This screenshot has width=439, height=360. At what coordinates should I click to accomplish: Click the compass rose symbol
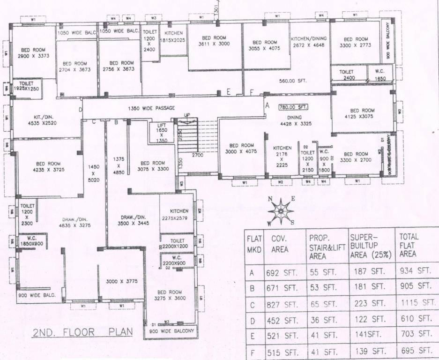tap(280, 210)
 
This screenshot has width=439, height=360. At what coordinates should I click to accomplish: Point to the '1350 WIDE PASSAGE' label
tap(151, 108)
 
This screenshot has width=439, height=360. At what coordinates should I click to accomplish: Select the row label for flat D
tap(252, 321)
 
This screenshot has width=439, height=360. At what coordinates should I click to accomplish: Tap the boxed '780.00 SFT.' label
tap(293, 107)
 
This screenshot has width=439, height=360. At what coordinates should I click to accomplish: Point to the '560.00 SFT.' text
tap(293, 81)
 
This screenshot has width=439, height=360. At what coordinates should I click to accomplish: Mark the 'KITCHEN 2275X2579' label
tap(179, 214)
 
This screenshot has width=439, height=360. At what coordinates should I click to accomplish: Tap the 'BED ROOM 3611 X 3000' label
tap(214, 41)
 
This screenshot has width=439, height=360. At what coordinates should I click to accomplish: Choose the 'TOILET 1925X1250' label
tap(26, 86)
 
